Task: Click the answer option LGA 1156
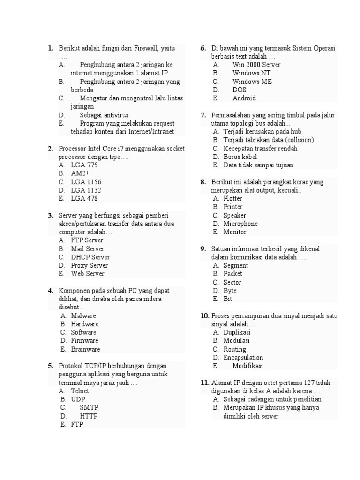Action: click(86, 182)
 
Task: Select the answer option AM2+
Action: click(80, 173)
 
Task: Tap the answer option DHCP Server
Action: click(90, 257)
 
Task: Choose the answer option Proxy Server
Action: click(90, 265)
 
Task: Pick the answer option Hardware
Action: click(85, 324)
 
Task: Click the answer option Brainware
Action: click(85, 349)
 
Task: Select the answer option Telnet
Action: click(80, 391)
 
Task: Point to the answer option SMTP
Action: click(89, 408)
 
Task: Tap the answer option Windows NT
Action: click(251, 73)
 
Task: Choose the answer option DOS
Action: click(239, 90)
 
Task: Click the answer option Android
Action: click(244, 98)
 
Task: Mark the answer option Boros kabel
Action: click(240, 157)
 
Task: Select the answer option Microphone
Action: click(240, 224)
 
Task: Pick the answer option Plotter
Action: click(233, 199)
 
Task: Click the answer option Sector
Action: click(232, 282)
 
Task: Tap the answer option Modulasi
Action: click(237, 341)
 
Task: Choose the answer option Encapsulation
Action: click(243, 358)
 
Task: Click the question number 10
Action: click(204, 316)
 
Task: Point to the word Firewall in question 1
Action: click(146, 48)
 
